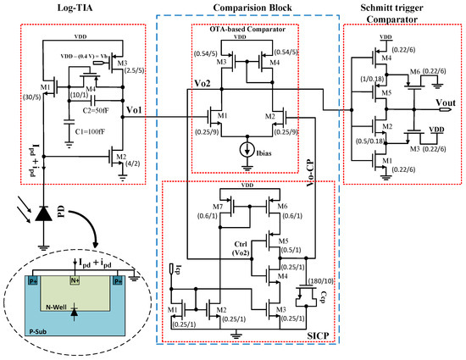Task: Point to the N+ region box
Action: [x=74, y=276]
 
